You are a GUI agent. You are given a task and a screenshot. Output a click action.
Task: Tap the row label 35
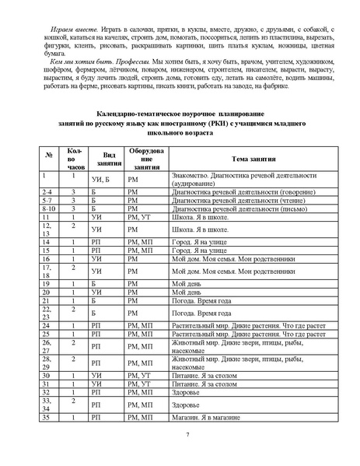coord(47,418)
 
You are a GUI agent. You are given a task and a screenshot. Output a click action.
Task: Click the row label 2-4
coord(47,191)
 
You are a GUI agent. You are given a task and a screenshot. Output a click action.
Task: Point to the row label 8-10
coord(49,208)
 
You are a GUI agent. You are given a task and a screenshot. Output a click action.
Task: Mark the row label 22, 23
coord(47,312)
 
